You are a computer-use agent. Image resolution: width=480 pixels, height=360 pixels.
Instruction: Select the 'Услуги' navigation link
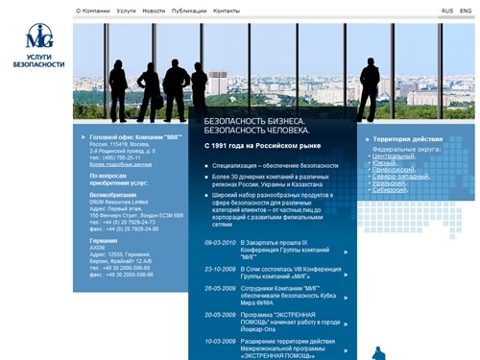pyautogui.click(x=126, y=11)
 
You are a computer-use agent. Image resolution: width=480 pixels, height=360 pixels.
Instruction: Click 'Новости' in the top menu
pyautogui.click(x=154, y=11)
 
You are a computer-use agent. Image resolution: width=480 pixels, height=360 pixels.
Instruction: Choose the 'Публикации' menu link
pyautogui.click(x=187, y=11)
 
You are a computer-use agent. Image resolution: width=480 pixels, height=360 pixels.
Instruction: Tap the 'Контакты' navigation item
pyautogui.click(x=227, y=11)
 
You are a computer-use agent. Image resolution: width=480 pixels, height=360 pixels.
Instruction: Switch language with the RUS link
pyautogui.click(x=447, y=11)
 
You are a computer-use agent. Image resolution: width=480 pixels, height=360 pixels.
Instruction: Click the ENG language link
pyautogui.click(x=467, y=11)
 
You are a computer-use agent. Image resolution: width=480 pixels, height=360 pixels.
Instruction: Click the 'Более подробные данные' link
pyautogui.click(x=121, y=165)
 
